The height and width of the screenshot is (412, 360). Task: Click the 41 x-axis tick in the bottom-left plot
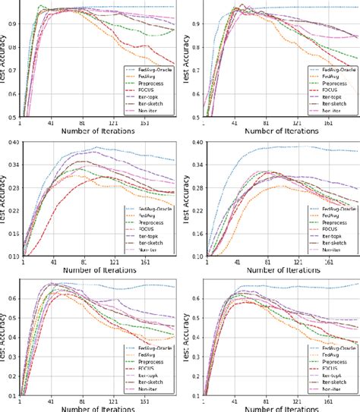click(51, 401)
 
